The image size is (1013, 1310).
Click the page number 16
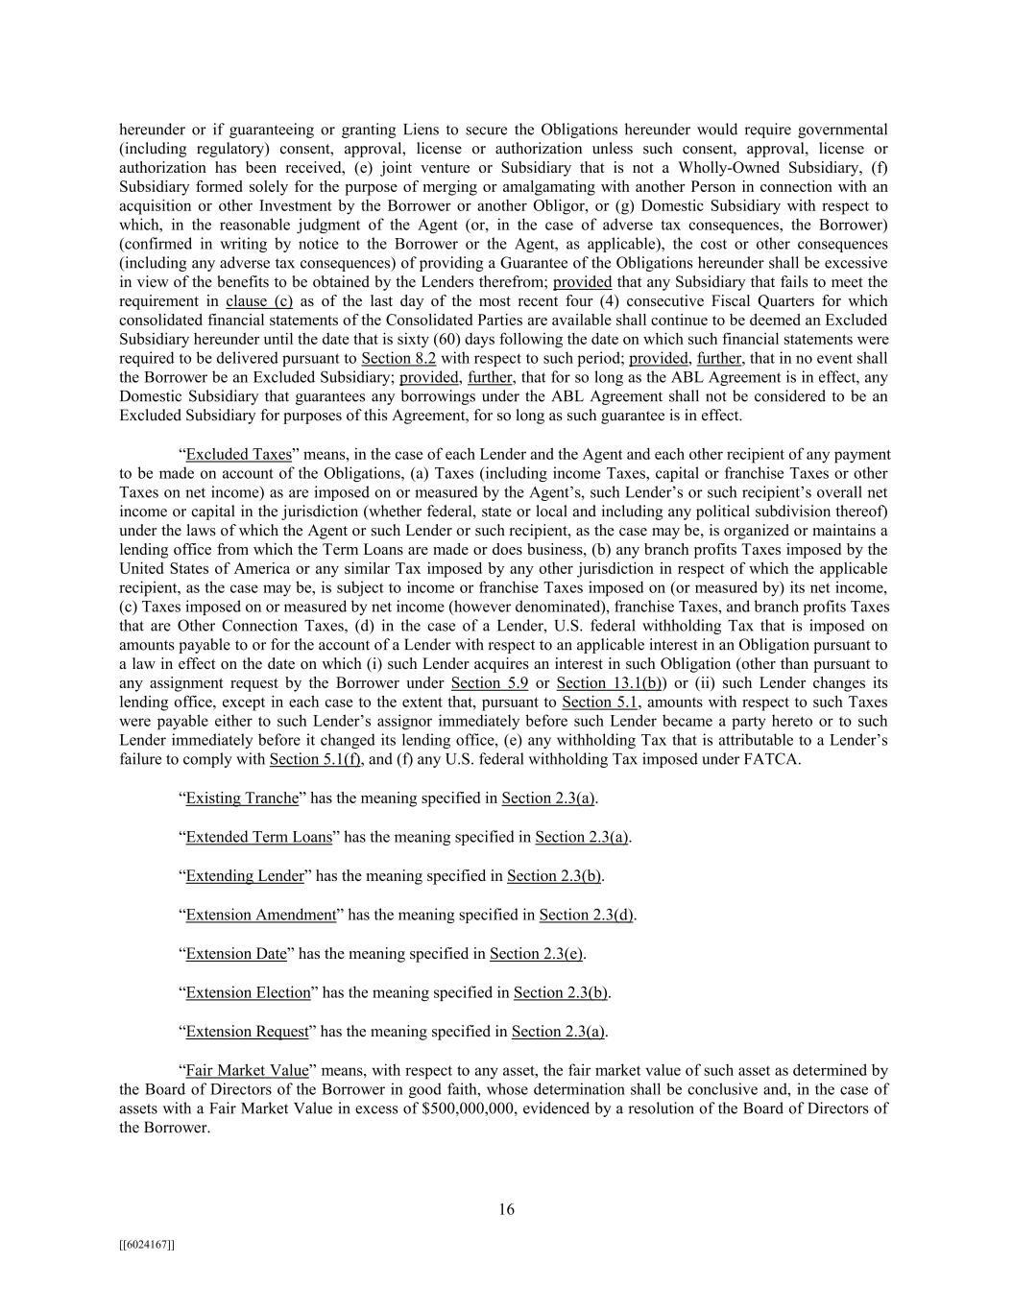tap(506, 1209)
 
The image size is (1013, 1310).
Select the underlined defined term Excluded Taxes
tap(238, 454)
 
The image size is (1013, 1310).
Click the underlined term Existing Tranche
tap(242, 798)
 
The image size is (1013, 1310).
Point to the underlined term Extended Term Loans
tap(258, 837)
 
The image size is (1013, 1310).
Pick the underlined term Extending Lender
tap(245, 875)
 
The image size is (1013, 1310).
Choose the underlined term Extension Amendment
tap(260, 915)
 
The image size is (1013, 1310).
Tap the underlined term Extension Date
tap(236, 953)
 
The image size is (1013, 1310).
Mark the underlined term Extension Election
tap(248, 992)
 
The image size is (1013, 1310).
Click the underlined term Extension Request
tap(247, 1032)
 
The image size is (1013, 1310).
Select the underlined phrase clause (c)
tap(258, 300)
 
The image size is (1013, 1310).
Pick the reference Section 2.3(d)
tap(586, 915)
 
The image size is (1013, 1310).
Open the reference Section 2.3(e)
tap(536, 953)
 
